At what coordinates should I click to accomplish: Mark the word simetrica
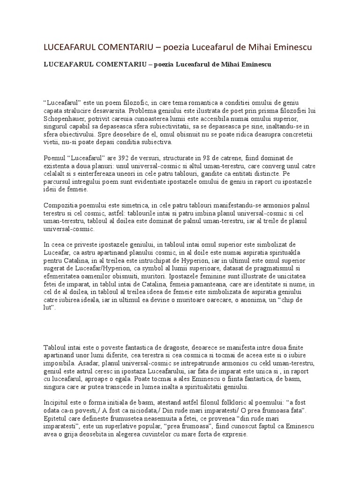[x=135, y=205]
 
